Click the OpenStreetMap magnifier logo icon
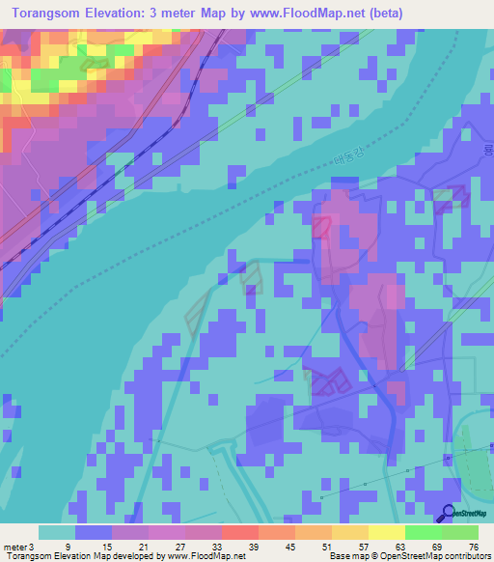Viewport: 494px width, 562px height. [x=451, y=514]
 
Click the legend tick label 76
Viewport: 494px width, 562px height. [x=473, y=547]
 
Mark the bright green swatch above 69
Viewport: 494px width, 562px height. [x=423, y=532]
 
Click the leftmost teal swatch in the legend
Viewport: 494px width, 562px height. [x=57, y=532]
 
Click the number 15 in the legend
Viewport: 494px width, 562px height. [x=104, y=547]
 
